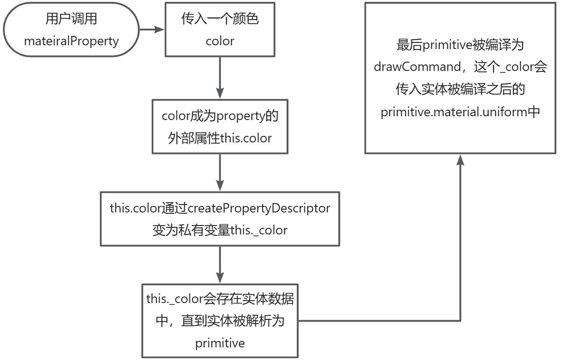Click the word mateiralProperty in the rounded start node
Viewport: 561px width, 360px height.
coord(71,41)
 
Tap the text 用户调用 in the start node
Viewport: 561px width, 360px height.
coord(71,19)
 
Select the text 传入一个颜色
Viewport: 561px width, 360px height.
coord(219,19)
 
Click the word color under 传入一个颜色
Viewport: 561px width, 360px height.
coord(220,41)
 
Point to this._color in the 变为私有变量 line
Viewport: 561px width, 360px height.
coord(259,230)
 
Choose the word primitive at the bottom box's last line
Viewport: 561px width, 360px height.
coord(220,343)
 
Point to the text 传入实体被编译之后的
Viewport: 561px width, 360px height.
coord(460,90)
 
